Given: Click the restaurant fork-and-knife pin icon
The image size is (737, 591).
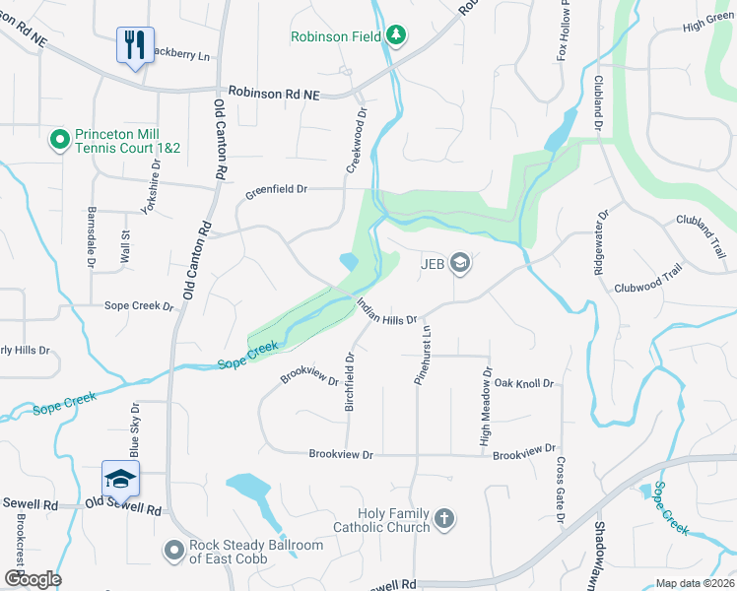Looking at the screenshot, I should coord(135,43).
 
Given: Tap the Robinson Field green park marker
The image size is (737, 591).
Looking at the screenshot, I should coord(396,36).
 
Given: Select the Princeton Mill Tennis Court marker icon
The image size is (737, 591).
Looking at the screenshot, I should coord(59,141).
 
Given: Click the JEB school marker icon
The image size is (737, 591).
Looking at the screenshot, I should coord(458,263).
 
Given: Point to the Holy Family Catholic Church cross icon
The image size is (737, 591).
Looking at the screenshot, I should coord(444,518).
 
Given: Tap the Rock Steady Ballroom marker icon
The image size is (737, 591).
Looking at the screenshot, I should coord(173,550).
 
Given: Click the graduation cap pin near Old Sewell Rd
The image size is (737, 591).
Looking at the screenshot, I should coord(121,479).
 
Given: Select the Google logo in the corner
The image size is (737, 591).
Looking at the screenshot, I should coord(32,579).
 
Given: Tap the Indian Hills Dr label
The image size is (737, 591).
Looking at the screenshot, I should coord(386,312).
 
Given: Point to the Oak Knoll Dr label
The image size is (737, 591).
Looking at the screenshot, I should coord(523,383).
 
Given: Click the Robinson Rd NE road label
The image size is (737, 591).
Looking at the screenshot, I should coord(274,92).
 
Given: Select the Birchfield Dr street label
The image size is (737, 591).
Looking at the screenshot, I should coord(349,382).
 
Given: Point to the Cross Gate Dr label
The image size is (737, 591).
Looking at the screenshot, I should coord(560,490).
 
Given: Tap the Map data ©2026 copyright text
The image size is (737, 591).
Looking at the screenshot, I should coord(695,583).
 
